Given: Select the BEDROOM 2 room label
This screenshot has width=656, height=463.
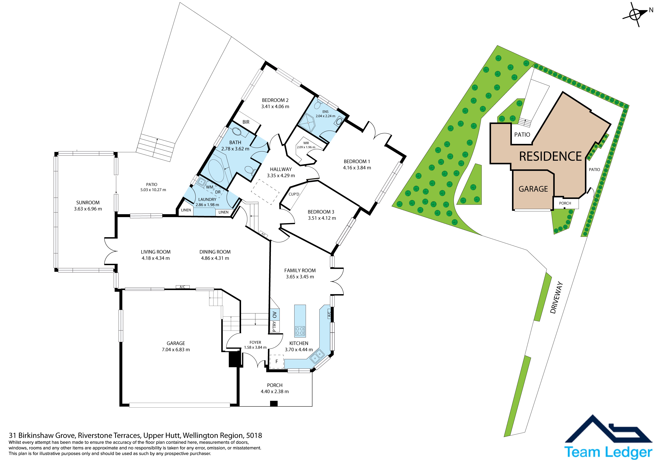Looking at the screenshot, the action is [275, 100].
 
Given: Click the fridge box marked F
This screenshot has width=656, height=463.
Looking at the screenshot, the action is [277, 361].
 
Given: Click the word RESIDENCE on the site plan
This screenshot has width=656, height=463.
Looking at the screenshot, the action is [550, 156].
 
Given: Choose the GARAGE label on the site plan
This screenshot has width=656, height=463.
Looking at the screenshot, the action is [533, 189].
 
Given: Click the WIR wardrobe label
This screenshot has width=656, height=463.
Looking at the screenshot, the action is [306, 143].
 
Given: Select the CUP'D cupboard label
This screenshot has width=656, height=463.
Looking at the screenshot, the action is [294, 194].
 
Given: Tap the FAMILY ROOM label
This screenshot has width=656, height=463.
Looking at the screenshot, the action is [300, 270].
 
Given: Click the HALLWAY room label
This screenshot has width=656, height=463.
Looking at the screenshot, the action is [281, 169].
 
